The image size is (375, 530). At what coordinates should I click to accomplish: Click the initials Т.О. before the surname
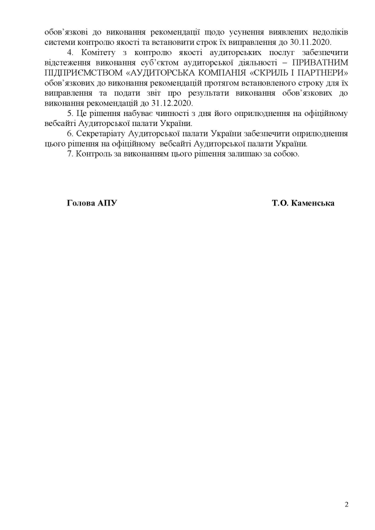281,203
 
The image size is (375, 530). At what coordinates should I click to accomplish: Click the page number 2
346,504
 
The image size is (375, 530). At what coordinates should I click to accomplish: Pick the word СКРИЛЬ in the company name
269,73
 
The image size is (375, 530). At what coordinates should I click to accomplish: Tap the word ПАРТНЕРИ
323,73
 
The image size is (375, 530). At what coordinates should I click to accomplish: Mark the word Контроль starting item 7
97,153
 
